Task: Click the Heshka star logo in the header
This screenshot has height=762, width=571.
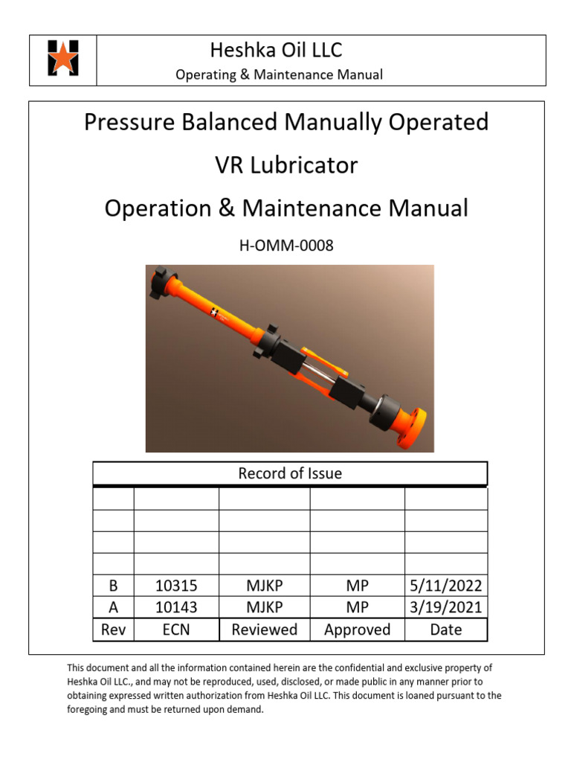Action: click(x=63, y=58)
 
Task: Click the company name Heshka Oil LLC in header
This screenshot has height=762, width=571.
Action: click(x=276, y=51)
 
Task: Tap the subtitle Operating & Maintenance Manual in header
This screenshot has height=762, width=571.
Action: click(x=279, y=74)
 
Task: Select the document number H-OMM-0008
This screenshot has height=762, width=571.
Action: click(x=286, y=246)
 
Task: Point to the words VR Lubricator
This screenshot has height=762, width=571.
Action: click(x=286, y=164)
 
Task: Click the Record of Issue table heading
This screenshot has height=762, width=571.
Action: click(x=290, y=473)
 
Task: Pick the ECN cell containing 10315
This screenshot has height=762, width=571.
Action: click(x=176, y=586)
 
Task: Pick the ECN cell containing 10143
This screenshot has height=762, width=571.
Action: click(x=176, y=607)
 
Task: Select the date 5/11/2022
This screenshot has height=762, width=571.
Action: click(x=446, y=586)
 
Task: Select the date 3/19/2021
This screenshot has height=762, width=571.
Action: click(x=446, y=607)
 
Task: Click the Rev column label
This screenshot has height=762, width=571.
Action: click(x=114, y=630)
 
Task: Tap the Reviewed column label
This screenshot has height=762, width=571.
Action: click(x=264, y=630)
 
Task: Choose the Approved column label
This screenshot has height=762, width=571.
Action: click(x=357, y=630)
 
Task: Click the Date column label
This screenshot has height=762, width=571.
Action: click(x=446, y=630)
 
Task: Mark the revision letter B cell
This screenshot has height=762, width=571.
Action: click(x=114, y=586)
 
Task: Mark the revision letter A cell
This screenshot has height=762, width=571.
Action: click(x=114, y=607)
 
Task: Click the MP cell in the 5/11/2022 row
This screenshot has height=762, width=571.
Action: click(x=357, y=586)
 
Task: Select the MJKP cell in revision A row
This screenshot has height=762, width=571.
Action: click(x=264, y=607)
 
